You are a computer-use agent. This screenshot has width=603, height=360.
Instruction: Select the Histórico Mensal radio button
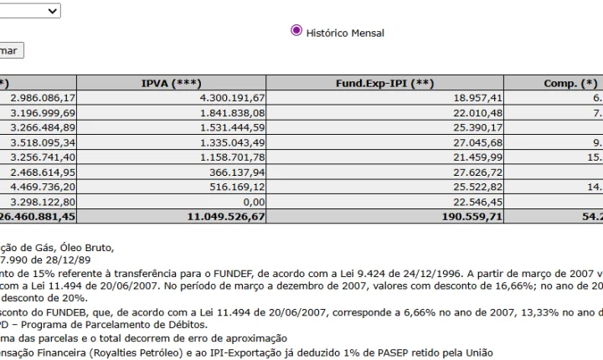click(x=296, y=31)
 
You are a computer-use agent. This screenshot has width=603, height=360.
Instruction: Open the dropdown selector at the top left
click(x=30, y=10)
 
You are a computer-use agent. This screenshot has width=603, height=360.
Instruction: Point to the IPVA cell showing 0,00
click(x=251, y=201)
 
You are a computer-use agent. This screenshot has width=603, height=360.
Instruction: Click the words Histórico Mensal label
click(x=346, y=33)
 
